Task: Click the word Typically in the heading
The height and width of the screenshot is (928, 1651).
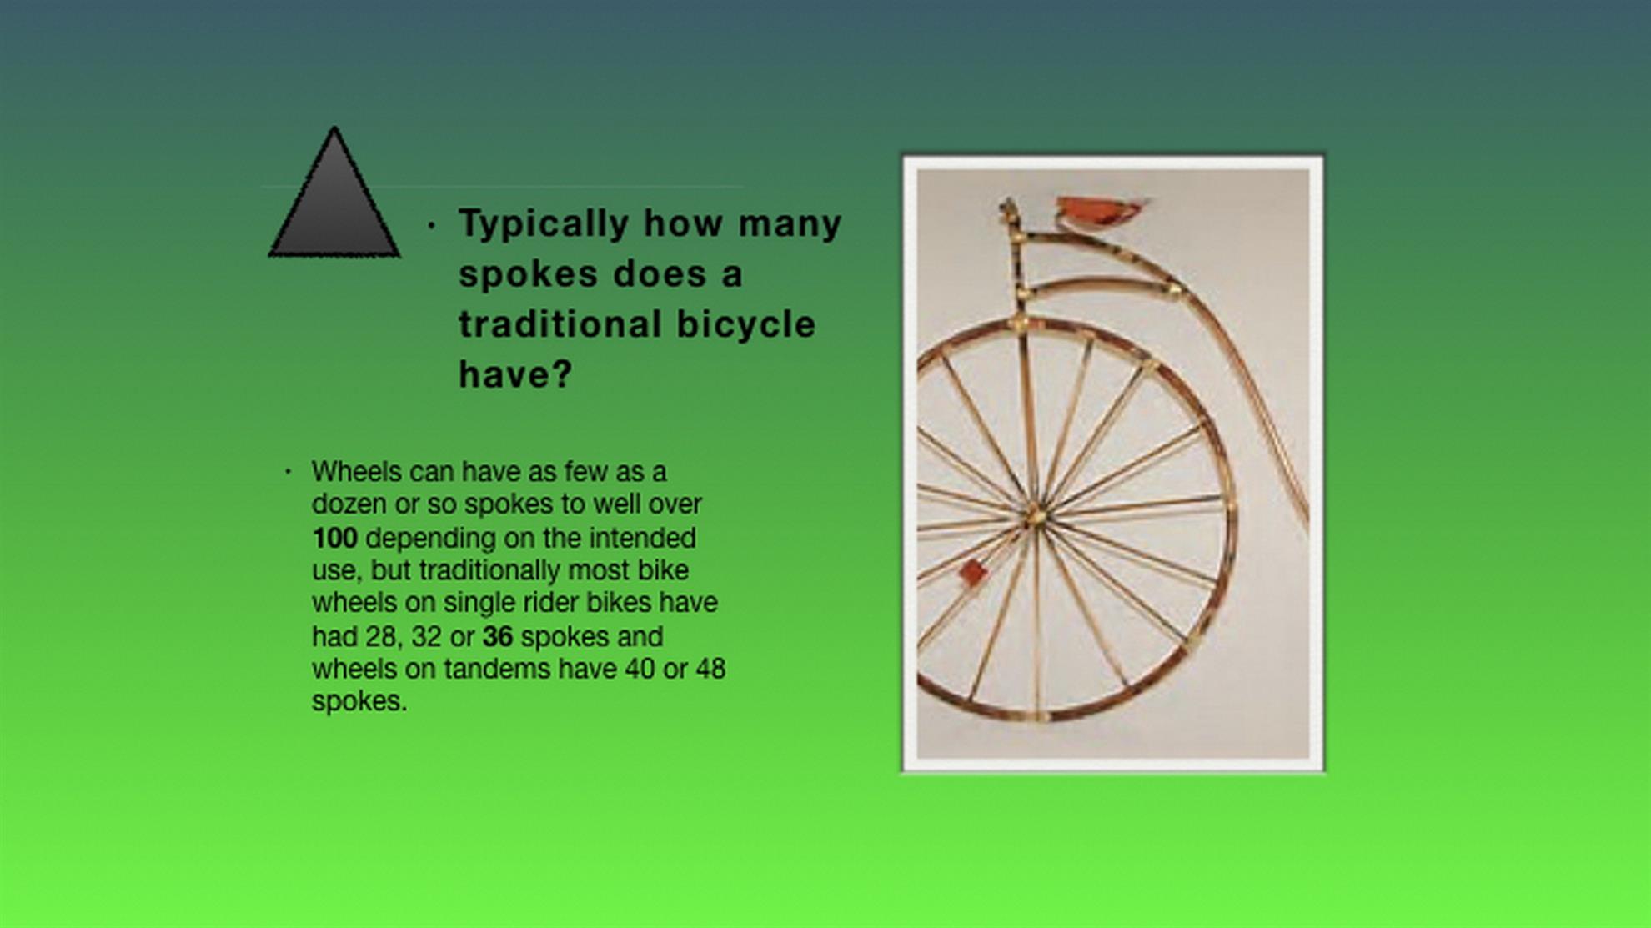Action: [544, 224]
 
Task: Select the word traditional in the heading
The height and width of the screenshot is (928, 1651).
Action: [560, 324]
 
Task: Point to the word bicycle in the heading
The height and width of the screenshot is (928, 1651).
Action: [745, 324]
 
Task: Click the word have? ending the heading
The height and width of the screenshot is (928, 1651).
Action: [515, 374]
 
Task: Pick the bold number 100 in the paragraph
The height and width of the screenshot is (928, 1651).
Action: [335, 538]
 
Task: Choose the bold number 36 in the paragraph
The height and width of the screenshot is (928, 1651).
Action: [497, 636]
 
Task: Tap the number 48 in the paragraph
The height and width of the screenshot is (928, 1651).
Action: [710, 669]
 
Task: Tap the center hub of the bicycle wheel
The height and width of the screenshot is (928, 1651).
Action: [1035, 515]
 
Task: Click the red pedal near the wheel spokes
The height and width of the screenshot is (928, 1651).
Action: [972, 572]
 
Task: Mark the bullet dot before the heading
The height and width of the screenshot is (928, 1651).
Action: [431, 225]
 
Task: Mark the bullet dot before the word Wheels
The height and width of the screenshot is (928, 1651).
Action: [288, 472]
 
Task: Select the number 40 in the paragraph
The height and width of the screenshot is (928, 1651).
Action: [640, 669]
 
